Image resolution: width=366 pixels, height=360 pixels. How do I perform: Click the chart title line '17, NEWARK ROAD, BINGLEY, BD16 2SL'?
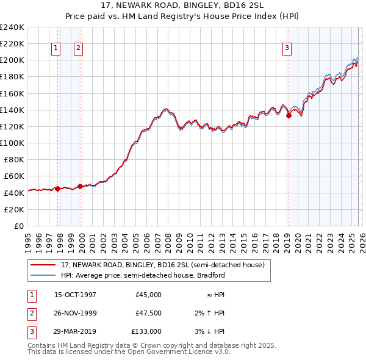[x=183, y=5]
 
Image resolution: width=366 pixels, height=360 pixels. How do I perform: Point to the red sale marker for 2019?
[x=289, y=116]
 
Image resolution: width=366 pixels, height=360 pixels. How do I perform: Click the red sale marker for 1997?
[x=58, y=189]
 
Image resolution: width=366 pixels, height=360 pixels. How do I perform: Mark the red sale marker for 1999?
[x=81, y=187]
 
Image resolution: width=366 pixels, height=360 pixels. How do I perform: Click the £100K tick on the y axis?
[x=12, y=143]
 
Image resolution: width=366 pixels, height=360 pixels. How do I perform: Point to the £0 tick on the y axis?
[x=18, y=226]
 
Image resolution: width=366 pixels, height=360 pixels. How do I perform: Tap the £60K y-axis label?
[x=14, y=176]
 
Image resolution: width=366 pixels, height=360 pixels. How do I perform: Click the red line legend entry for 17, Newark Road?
[x=162, y=265]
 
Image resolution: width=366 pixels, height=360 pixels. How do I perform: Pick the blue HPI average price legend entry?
[x=143, y=275]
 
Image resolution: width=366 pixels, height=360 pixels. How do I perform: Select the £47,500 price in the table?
[x=148, y=313]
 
